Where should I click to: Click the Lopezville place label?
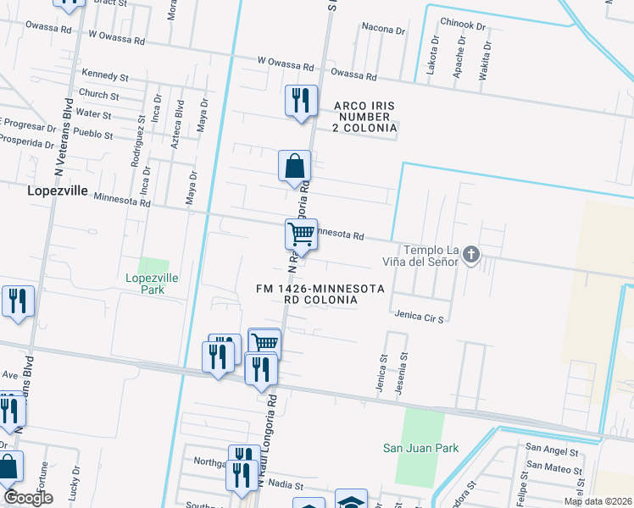coord(58,190)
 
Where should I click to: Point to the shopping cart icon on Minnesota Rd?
coord(301,234)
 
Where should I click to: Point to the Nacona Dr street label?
coord(383,29)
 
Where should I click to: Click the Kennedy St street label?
coord(104,76)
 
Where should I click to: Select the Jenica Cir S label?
coord(420,316)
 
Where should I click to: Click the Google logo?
coord(28,499)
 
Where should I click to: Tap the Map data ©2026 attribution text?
coord(597,501)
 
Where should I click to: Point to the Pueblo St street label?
coord(94,134)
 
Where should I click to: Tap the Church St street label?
coord(98,94)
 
